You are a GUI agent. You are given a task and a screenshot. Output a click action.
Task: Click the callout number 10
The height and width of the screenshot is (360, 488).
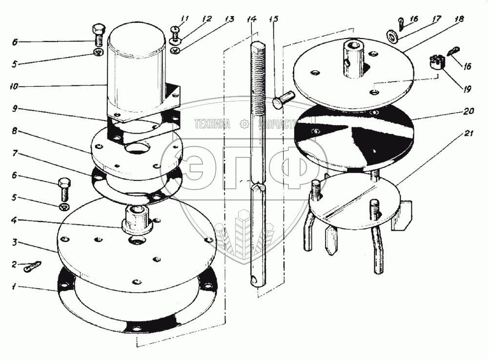(x=14, y=86)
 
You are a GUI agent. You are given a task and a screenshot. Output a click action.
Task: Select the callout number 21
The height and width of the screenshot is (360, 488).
(x=468, y=134)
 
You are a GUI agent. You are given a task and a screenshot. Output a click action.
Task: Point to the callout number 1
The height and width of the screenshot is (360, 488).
(x=13, y=286)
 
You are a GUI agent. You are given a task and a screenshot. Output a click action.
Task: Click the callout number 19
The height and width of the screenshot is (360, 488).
(x=467, y=89)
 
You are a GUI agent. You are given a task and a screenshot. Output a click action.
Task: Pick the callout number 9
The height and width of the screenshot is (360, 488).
(x=15, y=109)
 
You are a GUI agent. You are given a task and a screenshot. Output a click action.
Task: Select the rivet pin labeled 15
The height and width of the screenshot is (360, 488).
(x=283, y=99)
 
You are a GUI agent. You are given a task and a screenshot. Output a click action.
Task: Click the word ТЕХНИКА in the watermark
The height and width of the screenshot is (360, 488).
(x=212, y=124)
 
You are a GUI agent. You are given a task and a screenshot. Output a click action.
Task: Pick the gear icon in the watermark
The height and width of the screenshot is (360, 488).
(x=244, y=124)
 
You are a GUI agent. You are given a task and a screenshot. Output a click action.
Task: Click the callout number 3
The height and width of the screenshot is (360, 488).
(x=15, y=242)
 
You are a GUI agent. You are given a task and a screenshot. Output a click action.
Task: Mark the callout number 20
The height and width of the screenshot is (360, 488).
(x=469, y=111)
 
